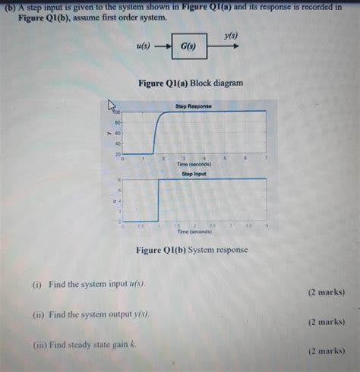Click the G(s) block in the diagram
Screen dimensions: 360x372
point(188,46)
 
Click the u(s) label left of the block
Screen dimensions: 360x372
point(142,46)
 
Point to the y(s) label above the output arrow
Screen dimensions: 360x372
point(231,36)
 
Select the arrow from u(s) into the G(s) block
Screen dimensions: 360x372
point(161,46)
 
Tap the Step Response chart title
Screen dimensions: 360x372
point(193,106)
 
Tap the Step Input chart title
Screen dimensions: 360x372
point(194,173)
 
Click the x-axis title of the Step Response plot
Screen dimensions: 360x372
point(194,164)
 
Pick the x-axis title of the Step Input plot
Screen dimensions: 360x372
point(194,232)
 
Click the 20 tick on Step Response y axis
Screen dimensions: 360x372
point(118,154)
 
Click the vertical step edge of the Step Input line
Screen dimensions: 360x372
point(158,200)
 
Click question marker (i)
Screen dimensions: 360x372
point(37,285)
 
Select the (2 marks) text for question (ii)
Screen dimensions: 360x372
point(326,322)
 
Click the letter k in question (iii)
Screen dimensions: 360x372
point(132,344)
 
